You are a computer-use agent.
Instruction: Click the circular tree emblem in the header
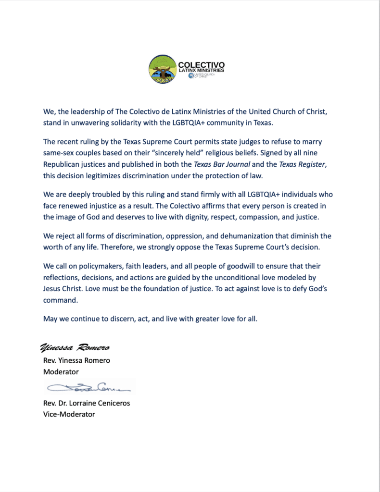pyautogui.click(x=162, y=69)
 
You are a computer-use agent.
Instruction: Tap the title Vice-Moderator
pyautogui.click(x=69, y=414)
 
